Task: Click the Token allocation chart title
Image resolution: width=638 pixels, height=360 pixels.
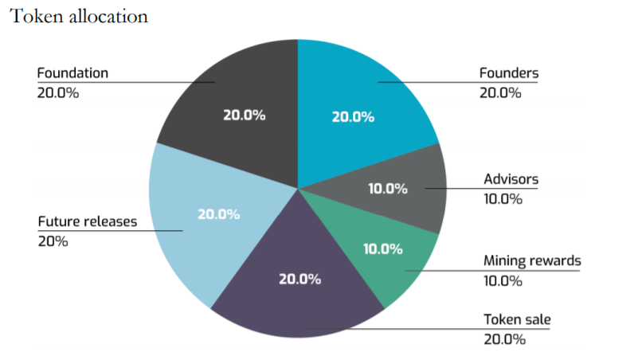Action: click(x=78, y=17)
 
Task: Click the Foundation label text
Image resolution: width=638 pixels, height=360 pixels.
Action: click(x=72, y=73)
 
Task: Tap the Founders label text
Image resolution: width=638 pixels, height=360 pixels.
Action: click(x=508, y=73)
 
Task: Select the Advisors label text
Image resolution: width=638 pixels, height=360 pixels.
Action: click(x=511, y=179)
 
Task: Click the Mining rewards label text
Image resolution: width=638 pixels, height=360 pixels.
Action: click(x=532, y=260)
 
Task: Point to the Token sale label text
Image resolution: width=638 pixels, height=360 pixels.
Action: click(x=517, y=320)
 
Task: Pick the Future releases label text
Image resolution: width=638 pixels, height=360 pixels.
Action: click(x=87, y=221)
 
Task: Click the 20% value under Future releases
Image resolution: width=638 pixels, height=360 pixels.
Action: click(x=53, y=241)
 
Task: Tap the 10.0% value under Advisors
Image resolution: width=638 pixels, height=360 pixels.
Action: click(x=503, y=198)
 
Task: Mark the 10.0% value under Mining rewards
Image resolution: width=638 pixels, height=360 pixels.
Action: click(x=503, y=280)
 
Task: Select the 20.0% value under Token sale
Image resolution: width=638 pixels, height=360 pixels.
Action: click(x=504, y=339)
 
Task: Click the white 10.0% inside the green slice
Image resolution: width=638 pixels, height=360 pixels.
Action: click(x=382, y=248)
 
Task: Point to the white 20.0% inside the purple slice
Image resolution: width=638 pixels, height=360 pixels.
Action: click(x=299, y=279)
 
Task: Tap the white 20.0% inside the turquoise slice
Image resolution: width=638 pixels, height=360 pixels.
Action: click(x=353, y=117)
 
